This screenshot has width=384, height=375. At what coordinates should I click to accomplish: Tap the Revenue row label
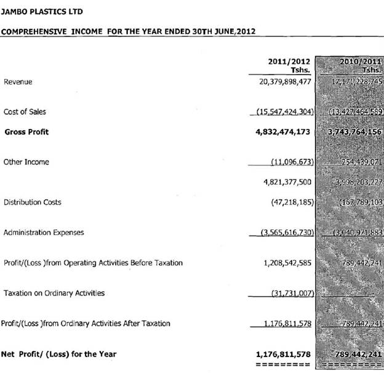tap(18, 81)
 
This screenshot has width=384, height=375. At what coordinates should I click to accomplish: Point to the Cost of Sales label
tap(25, 112)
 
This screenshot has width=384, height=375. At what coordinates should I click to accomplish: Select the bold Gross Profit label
tap(26, 132)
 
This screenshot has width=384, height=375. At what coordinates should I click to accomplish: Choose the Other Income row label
tap(26, 162)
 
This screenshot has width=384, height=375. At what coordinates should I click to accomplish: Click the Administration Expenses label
tap(44, 233)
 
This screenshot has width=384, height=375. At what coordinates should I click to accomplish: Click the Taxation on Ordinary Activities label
tap(54, 293)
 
